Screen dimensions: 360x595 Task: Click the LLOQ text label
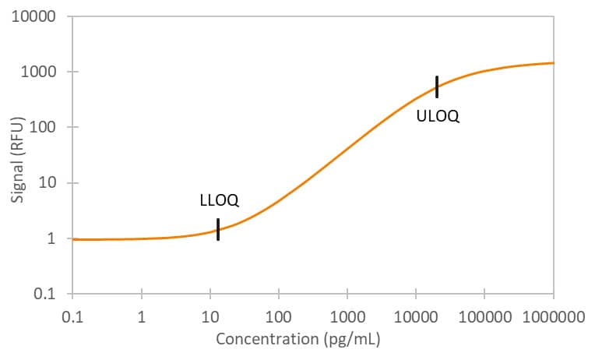pos(219,200)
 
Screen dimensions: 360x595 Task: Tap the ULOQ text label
pos(437,117)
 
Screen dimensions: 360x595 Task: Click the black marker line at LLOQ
pos(218,229)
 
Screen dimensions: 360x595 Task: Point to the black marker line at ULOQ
pos(437,86)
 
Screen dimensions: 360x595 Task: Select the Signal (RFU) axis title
pos(16,156)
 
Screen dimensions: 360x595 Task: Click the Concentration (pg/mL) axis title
pos(297,340)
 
